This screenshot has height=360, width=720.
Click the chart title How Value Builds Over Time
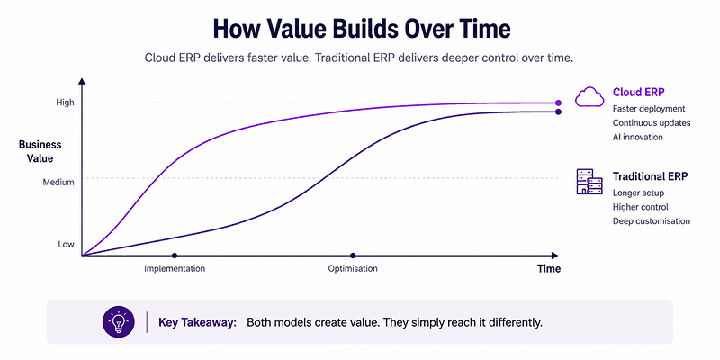(362, 30)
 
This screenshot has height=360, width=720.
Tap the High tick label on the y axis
(65, 103)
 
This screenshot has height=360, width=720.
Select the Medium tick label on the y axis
(58, 183)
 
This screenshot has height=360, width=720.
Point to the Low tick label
(66, 244)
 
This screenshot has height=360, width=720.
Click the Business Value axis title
(40, 151)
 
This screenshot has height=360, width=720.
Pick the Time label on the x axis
(549, 268)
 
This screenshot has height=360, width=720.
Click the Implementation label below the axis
(175, 268)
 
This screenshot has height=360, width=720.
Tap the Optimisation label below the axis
(353, 268)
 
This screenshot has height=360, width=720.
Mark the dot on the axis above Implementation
(174, 256)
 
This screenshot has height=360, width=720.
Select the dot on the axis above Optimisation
(353, 256)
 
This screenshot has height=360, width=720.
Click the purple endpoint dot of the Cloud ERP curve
(558, 103)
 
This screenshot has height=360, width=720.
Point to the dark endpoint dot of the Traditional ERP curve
(558, 112)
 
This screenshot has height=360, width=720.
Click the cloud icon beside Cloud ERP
(589, 97)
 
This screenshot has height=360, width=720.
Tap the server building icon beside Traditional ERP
(589, 182)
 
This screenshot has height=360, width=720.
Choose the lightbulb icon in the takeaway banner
(119, 322)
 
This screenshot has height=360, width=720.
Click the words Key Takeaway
(198, 322)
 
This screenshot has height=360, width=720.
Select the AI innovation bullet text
(638, 137)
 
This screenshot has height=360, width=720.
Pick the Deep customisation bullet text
(651, 220)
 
